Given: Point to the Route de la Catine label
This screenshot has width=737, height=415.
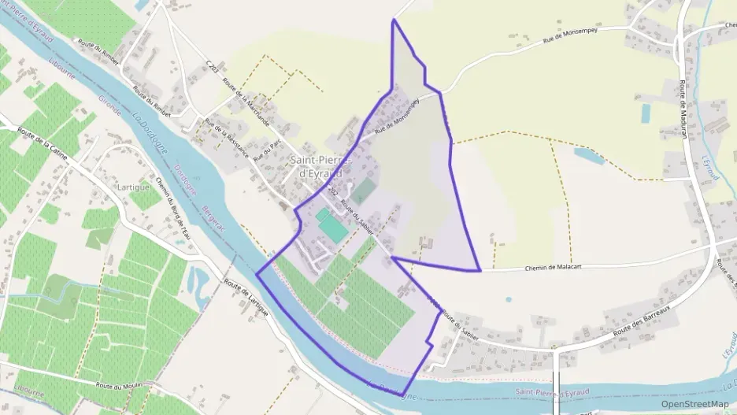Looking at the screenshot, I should [x=44, y=146].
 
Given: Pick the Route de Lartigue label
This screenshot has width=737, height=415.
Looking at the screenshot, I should [x=246, y=298].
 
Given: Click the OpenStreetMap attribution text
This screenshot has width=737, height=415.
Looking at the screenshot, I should [x=694, y=404].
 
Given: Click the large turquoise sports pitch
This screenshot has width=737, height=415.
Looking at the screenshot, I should [x=334, y=228].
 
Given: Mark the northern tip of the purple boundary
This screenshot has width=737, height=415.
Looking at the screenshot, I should [x=393, y=20].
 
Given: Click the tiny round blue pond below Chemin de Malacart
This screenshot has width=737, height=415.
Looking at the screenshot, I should [x=508, y=299].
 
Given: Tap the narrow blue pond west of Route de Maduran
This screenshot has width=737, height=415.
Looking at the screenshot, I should [x=646, y=113].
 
